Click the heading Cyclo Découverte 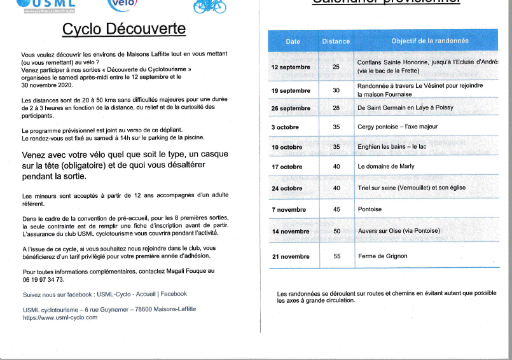point(124,30)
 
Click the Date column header point(293,41)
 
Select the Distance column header point(336,41)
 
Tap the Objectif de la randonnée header point(430,41)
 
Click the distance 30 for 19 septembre point(336,90)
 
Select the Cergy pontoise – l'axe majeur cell point(398,127)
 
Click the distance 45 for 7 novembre point(336,209)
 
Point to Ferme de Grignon point(382,256)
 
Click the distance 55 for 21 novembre point(336,256)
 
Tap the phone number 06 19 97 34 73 point(43,279)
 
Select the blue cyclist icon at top point(210,6)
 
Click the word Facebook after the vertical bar point(174,294)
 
